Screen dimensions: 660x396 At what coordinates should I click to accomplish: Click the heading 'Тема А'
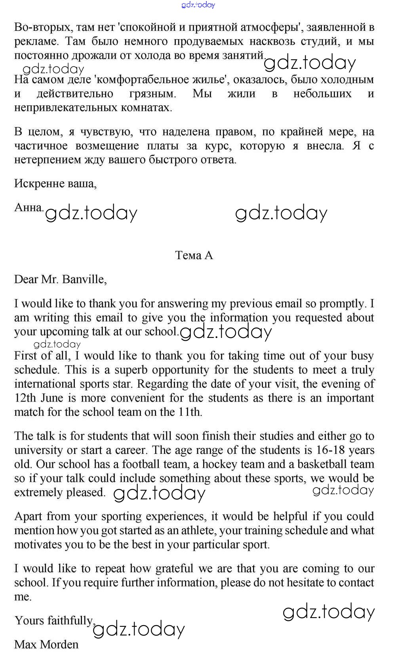[x=194, y=256]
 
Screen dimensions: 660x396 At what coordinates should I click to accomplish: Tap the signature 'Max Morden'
[x=46, y=645]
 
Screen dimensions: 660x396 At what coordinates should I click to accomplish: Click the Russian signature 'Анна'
[x=28, y=207]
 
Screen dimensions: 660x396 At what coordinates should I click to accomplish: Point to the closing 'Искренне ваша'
[x=55, y=183]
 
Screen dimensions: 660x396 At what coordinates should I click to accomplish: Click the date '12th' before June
[x=25, y=398]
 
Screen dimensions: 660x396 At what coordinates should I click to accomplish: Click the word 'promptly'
[x=342, y=304]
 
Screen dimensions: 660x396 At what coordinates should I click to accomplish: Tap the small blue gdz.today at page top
[x=198, y=5]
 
